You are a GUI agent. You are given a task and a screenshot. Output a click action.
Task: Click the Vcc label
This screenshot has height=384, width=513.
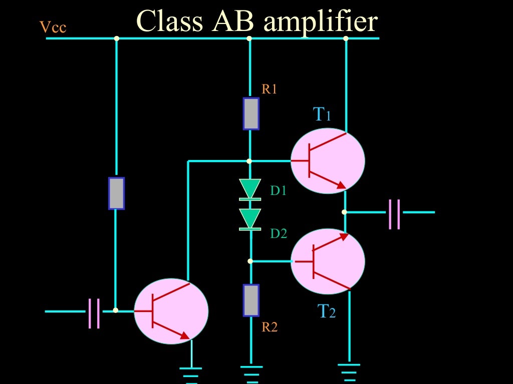tap(53, 27)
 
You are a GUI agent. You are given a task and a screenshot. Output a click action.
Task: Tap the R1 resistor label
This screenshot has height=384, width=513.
tap(269, 90)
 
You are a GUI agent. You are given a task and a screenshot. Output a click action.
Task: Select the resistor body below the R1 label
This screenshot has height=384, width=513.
tap(251, 113)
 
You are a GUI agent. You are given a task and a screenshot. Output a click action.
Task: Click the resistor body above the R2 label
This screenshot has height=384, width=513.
tap(251, 300)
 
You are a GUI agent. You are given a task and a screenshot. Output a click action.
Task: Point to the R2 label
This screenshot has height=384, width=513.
tap(269, 327)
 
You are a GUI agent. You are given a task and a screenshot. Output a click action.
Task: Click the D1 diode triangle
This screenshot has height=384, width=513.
tap(250, 189)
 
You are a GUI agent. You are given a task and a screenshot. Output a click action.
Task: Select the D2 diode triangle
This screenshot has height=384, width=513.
tap(250, 218)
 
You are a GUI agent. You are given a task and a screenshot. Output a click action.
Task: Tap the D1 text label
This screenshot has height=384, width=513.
tap(279, 190)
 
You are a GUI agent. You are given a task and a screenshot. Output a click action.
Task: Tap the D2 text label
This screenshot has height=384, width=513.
tap(279, 233)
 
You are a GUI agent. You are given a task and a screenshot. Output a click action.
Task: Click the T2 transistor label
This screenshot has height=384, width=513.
tap(327, 312)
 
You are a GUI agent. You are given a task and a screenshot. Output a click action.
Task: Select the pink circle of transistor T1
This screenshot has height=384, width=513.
tap(328, 160)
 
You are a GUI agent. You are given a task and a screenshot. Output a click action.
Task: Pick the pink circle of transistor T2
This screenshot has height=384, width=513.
tap(328, 261)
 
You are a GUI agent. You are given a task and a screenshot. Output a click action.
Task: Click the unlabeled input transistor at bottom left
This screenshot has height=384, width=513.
tap(171, 311)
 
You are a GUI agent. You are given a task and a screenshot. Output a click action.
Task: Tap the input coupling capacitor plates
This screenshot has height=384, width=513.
tap(94, 313)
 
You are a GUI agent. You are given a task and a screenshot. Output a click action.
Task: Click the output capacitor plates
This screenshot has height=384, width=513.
tap(394, 214)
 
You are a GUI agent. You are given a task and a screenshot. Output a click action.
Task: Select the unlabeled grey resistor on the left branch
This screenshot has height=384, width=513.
tap(116, 193)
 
